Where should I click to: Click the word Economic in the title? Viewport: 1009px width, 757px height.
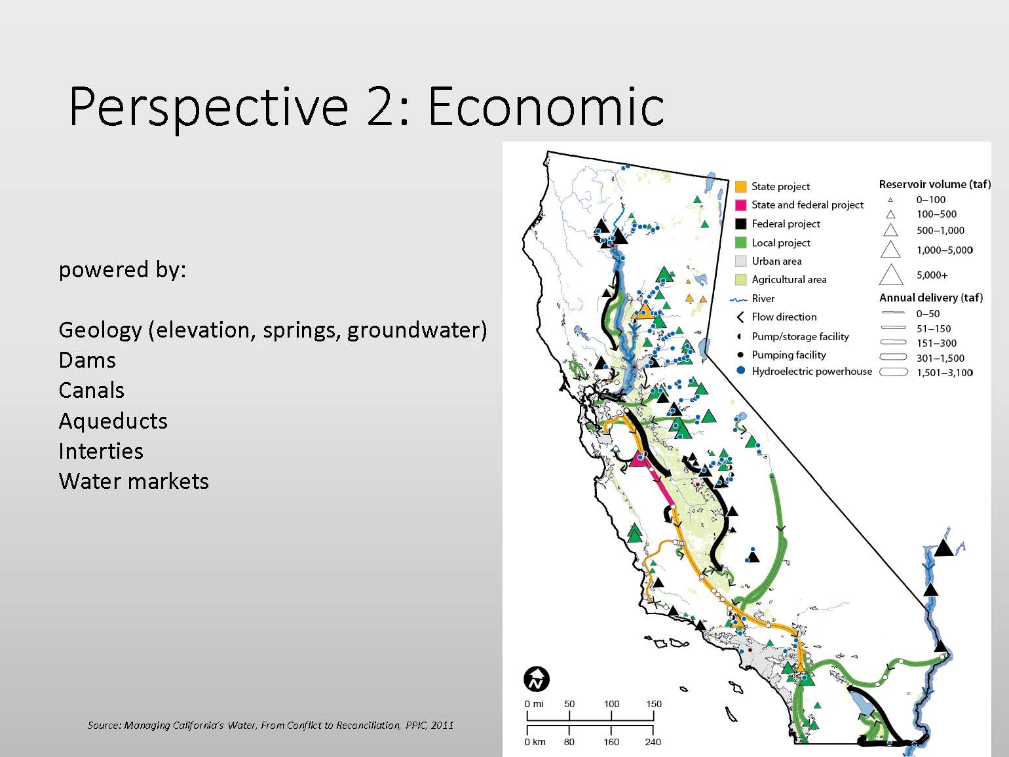pyautogui.click(x=546, y=107)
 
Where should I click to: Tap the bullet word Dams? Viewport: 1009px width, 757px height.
pyautogui.click(x=87, y=360)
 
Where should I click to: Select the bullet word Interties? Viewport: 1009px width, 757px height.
pyautogui.click(x=101, y=452)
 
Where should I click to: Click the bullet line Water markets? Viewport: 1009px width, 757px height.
pyautogui.click(x=134, y=482)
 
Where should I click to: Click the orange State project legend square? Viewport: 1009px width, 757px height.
pyautogui.click(x=740, y=187)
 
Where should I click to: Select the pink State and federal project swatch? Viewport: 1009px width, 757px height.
pyautogui.click(x=740, y=205)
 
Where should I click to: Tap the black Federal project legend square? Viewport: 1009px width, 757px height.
pyautogui.click(x=740, y=224)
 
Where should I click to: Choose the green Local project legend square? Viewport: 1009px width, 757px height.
pyautogui.click(x=740, y=243)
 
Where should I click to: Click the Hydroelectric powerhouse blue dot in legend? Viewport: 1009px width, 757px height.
pyautogui.click(x=740, y=370)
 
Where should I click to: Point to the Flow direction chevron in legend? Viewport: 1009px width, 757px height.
pyautogui.click(x=740, y=317)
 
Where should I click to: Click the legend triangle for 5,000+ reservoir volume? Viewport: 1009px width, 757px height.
pyautogui.click(x=891, y=275)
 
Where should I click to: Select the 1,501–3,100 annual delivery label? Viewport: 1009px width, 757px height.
pyautogui.click(x=945, y=373)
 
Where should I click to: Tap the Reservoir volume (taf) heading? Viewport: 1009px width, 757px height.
pyautogui.click(x=935, y=184)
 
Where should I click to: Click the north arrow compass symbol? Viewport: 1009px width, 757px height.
pyautogui.click(x=537, y=679)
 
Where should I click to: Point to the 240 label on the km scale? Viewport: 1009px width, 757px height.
pyautogui.click(x=653, y=742)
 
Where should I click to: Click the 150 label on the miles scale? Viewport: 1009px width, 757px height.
pyautogui.click(x=654, y=704)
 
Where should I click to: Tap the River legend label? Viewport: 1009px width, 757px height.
pyautogui.click(x=763, y=299)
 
